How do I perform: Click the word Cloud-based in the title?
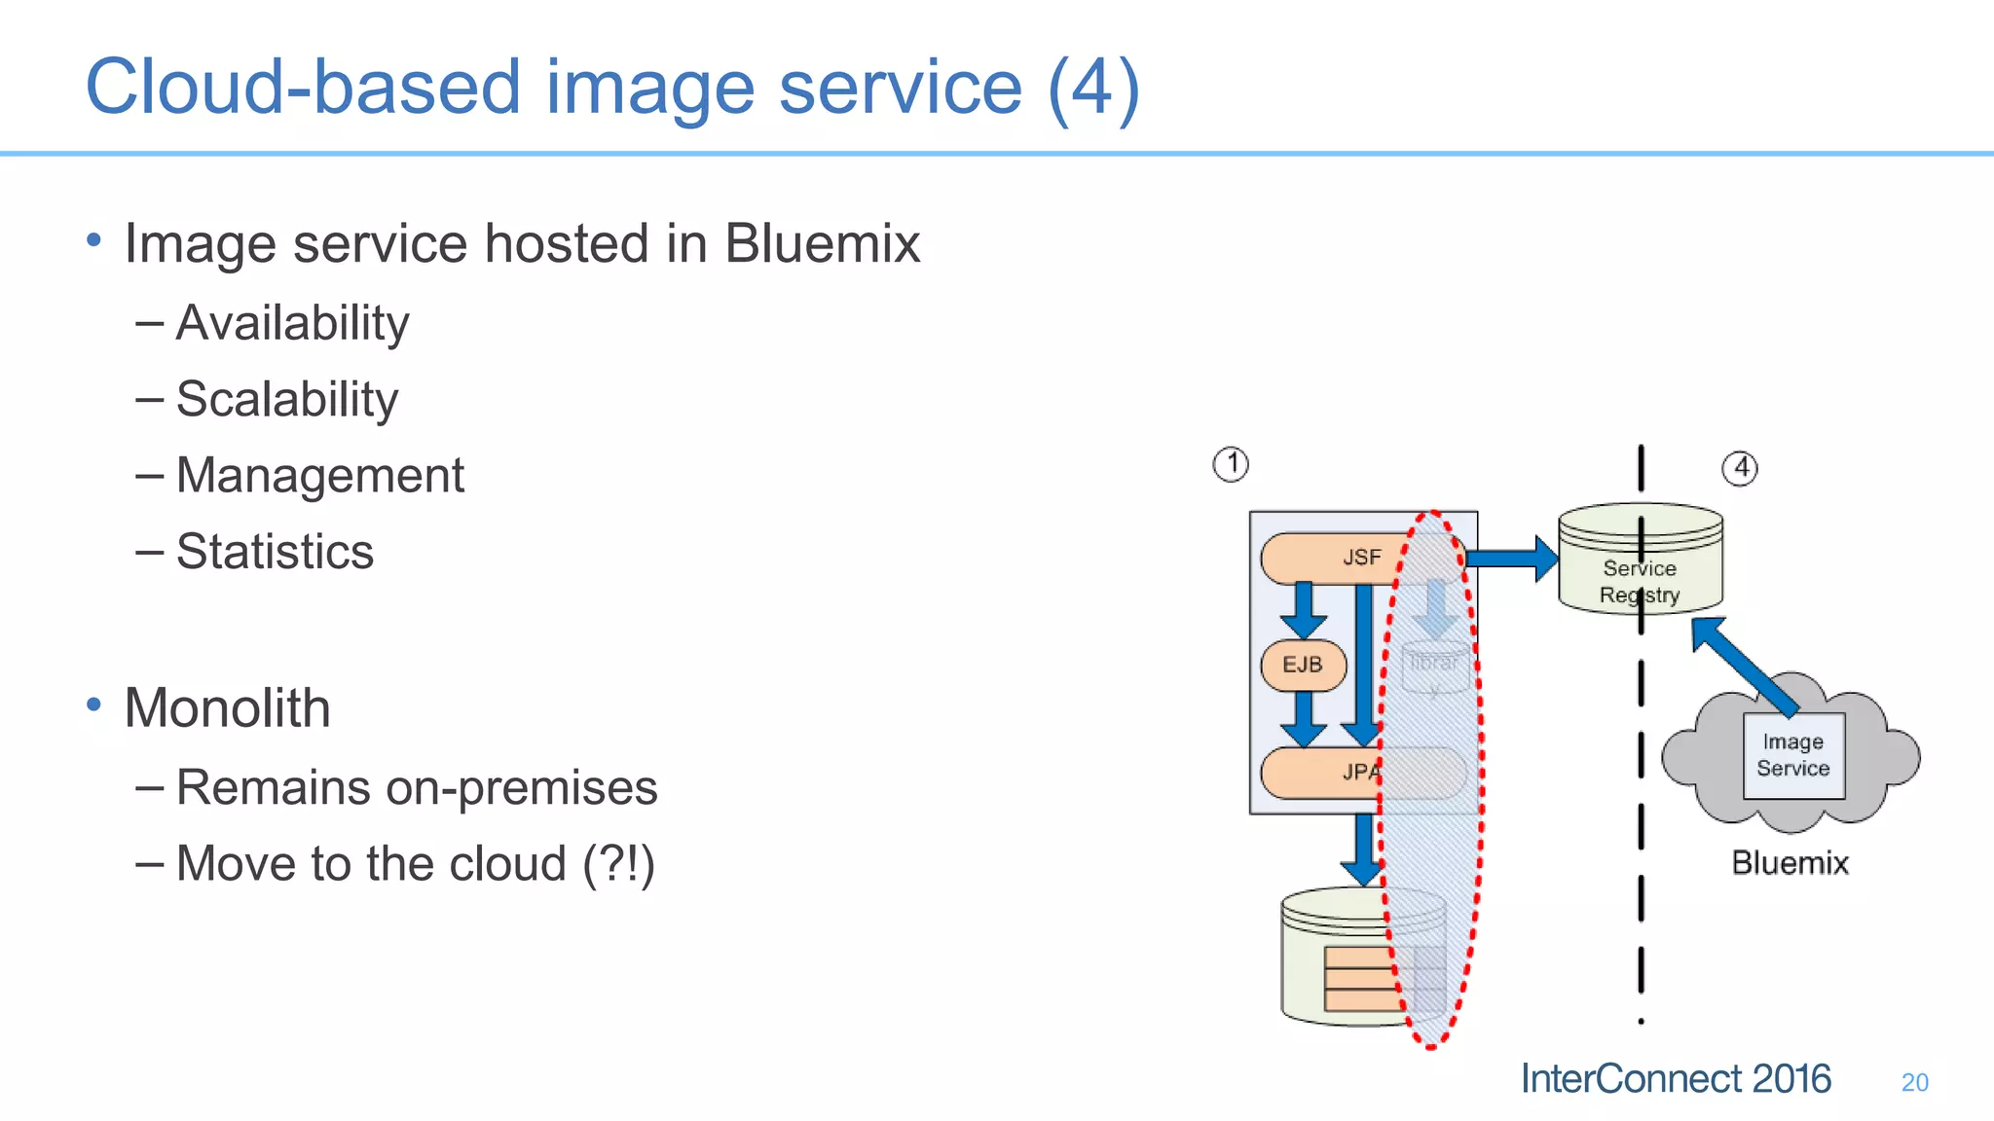[302, 88]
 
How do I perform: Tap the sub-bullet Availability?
[292, 323]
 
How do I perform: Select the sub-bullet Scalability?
[287, 399]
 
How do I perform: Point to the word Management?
[319, 476]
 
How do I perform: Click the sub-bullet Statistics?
[275, 552]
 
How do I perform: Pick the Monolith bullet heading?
[227, 707]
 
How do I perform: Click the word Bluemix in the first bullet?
[822, 243]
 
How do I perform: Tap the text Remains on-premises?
[417, 787]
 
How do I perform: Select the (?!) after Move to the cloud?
[619, 864]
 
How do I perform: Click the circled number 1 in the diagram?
[1231, 464]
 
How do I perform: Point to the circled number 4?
[1740, 468]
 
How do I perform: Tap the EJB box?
[1303, 665]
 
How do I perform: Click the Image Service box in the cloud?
[1793, 756]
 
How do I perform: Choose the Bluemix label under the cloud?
[1790, 863]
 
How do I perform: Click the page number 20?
[1914, 1082]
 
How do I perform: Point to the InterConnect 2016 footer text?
[1676, 1079]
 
